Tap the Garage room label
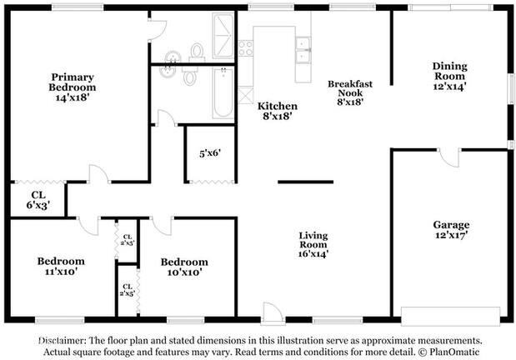pyautogui.click(x=450, y=230)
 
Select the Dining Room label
pyautogui.click(x=449, y=75)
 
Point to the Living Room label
pyautogui.click(x=313, y=245)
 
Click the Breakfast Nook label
pyautogui.click(x=349, y=92)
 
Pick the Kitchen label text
pyautogui.click(x=277, y=111)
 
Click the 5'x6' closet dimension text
pyautogui.click(x=209, y=154)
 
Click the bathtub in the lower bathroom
pyautogui.click(x=224, y=94)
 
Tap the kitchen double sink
pyautogui.click(x=303, y=50)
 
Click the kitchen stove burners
pyautogui.click(x=245, y=47)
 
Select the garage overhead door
pyautogui.click(x=450, y=316)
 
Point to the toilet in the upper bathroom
pyautogui.click(x=198, y=52)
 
